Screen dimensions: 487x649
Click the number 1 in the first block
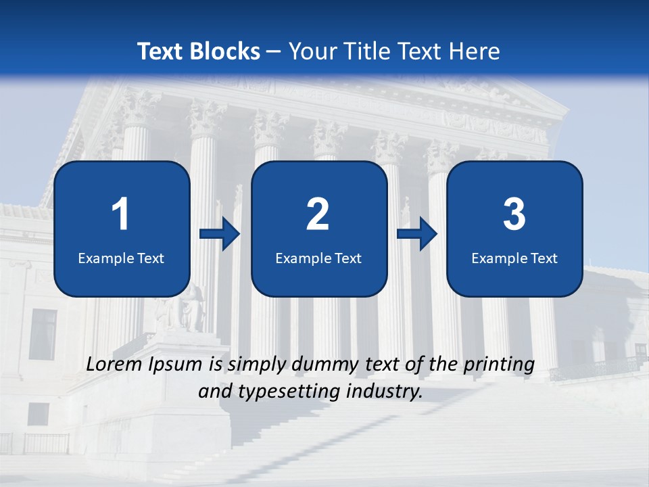coord(120,214)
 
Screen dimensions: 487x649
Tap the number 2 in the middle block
coord(318,214)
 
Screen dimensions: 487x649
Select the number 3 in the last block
coord(514,214)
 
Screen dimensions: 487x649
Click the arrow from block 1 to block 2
coord(220,235)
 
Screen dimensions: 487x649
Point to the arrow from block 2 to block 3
coord(417,235)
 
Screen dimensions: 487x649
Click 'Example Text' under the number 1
coord(121,258)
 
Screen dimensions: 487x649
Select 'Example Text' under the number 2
coord(318,258)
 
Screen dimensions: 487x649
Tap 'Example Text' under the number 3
coord(514,258)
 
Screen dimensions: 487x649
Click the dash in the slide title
coord(274,51)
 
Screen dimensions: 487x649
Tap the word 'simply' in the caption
coord(258,365)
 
